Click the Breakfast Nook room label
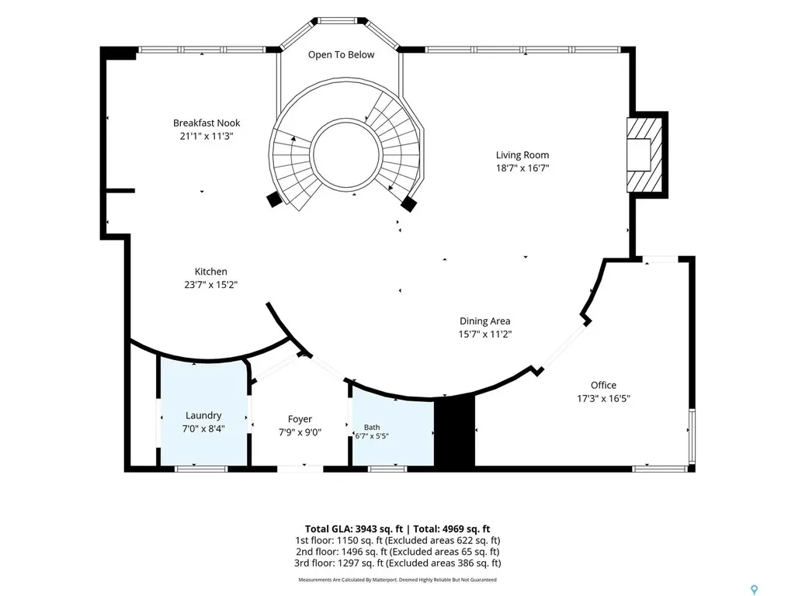[207, 123]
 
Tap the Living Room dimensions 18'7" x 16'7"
[522, 168]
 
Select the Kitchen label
[211, 272]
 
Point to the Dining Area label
[484, 321]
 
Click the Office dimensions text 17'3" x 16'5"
[603, 398]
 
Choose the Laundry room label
[203, 416]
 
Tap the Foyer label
[300, 419]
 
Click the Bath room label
[372, 428]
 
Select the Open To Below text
[342, 55]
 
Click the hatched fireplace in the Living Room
[644, 154]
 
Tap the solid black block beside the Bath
[454, 431]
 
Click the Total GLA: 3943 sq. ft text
[353, 529]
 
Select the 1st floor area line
[397, 540]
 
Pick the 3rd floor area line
[397, 563]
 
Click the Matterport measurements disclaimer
[397, 580]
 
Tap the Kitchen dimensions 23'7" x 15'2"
[211, 285]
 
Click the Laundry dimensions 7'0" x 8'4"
[203, 428]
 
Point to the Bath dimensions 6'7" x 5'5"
[372, 436]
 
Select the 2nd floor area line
[397, 552]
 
